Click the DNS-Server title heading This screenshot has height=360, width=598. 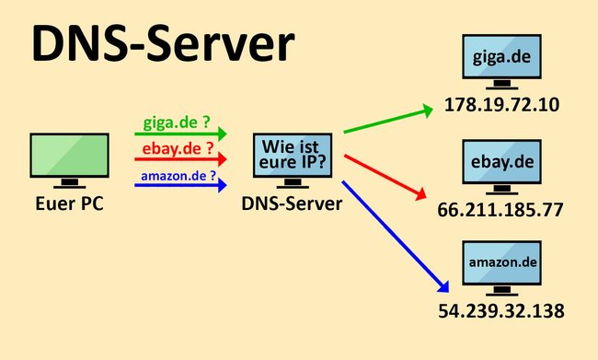coord(164,44)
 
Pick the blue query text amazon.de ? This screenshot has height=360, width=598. coord(179,174)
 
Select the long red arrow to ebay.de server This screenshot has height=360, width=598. coord(387,175)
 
